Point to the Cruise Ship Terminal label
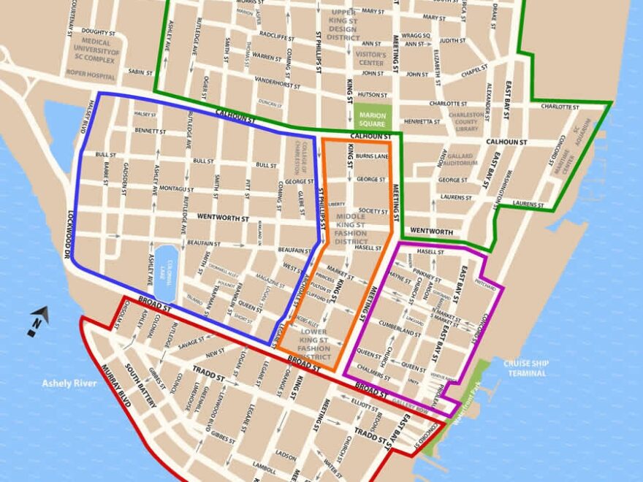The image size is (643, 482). coord(523,368)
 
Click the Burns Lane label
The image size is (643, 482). coord(373,156)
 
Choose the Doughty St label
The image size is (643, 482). coord(99,31)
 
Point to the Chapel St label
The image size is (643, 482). coord(474,72)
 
